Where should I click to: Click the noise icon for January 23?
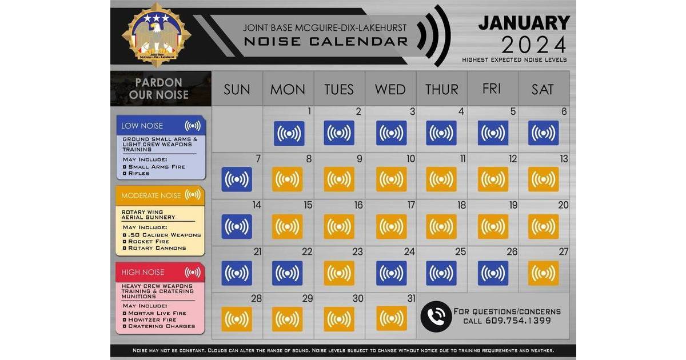click(x=339, y=273)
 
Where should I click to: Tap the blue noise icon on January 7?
click(x=237, y=179)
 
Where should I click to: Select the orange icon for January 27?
click(x=543, y=273)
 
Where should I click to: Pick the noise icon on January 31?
click(x=392, y=318)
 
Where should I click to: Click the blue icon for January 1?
click(x=289, y=134)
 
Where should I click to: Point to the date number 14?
click(x=257, y=205)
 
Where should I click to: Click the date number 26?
click(x=512, y=251)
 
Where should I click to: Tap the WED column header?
click(x=390, y=89)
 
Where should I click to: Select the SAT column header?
click(x=543, y=89)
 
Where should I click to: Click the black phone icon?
click(x=436, y=317)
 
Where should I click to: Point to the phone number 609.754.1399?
click(x=518, y=321)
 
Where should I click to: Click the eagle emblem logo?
click(x=157, y=35)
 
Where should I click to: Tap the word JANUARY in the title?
click(x=524, y=23)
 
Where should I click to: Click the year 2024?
click(x=534, y=45)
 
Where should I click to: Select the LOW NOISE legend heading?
click(x=142, y=126)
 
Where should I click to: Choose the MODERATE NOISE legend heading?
click(x=151, y=195)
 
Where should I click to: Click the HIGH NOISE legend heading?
click(x=143, y=272)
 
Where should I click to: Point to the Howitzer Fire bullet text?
click(x=152, y=319)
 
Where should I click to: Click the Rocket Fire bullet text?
click(x=149, y=242)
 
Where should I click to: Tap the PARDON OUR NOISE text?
click(x=159, y=89)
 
